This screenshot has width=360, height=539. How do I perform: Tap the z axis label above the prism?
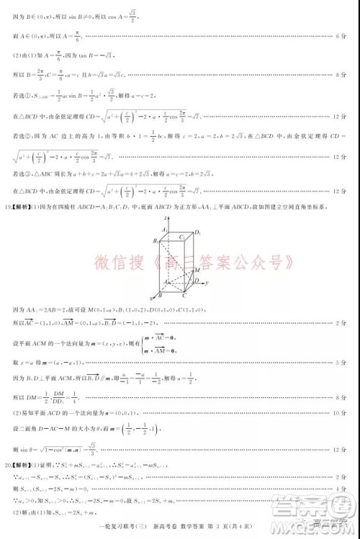(x=166, y=216)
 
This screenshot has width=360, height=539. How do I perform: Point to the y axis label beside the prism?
(x=206, y=284)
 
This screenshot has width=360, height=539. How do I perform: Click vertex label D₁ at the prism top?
(x=198, y=232)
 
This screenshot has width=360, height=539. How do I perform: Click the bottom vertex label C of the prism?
(x=185, y=295)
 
